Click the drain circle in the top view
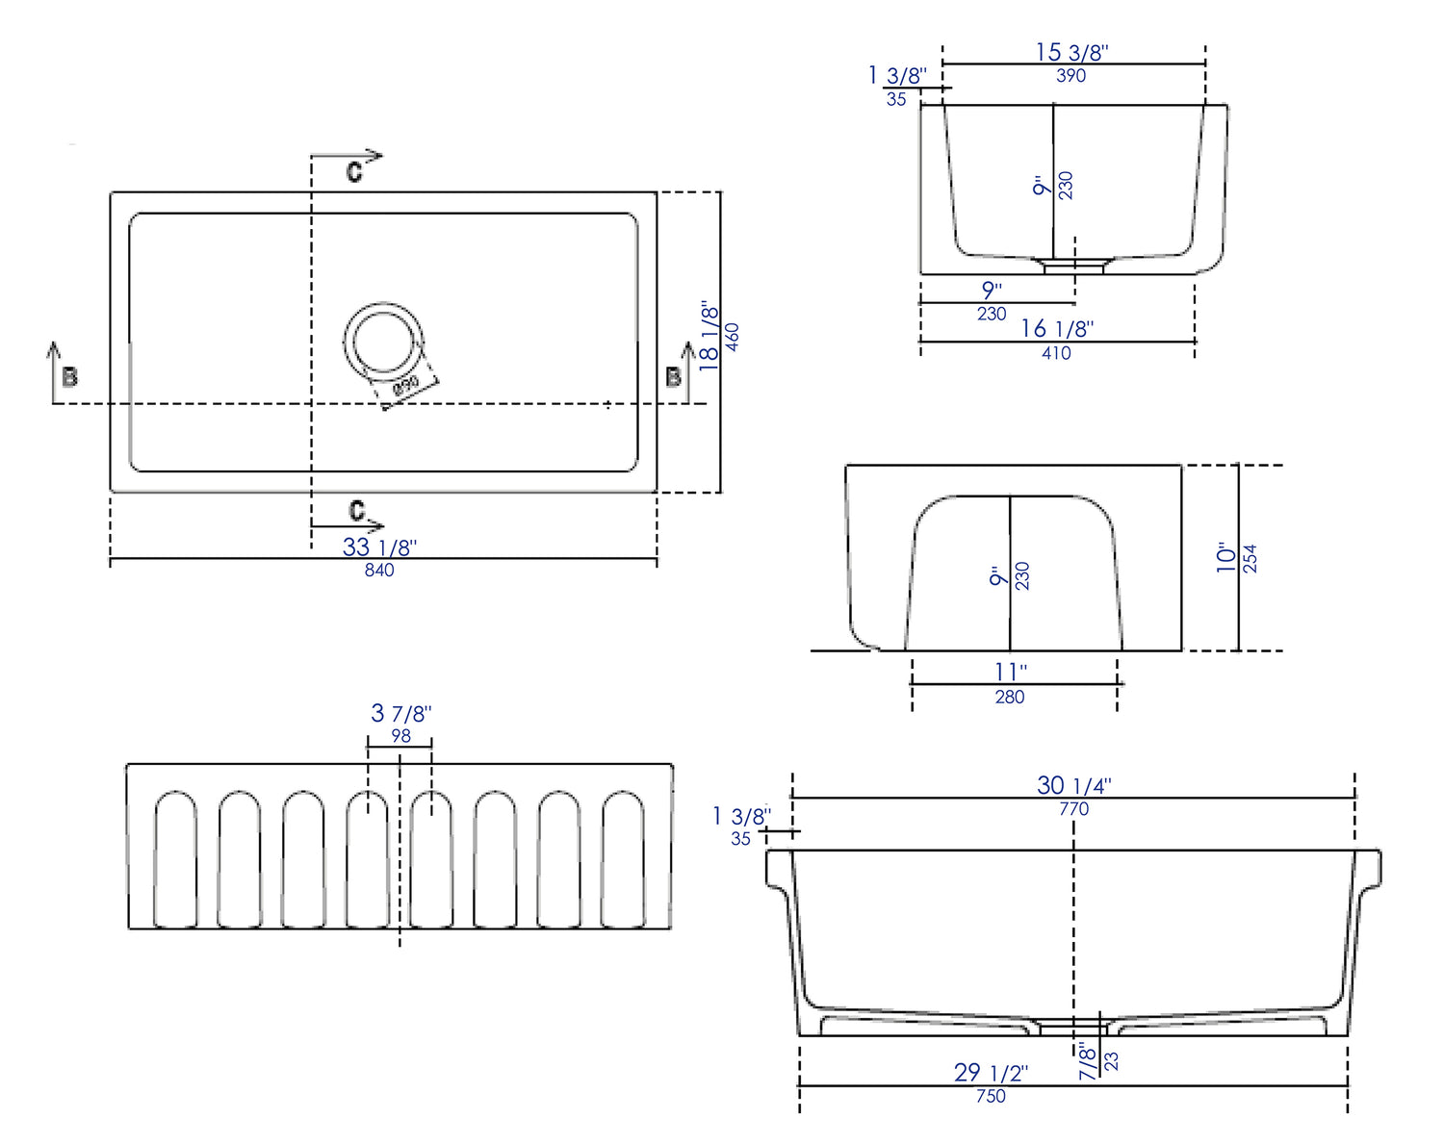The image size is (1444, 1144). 383,341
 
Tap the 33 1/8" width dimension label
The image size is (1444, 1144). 379,547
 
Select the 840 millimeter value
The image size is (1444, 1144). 379,571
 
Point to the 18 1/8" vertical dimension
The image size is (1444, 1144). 709,336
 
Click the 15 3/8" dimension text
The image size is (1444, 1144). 1071,53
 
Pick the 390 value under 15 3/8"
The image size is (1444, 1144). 1070,76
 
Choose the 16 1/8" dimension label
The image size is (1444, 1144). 1057,329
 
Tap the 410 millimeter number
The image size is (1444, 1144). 1056,353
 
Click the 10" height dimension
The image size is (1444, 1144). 1225,557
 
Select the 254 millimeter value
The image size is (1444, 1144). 1250,558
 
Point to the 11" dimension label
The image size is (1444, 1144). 1010,672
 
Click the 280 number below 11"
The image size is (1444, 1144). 1010,697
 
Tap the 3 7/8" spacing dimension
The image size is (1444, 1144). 400,714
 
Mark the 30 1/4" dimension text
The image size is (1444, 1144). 1073,785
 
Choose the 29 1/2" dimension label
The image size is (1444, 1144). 991,1072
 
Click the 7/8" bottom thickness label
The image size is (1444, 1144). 1088,1060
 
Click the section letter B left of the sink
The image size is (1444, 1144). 69,377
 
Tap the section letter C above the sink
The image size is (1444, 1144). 354,172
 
